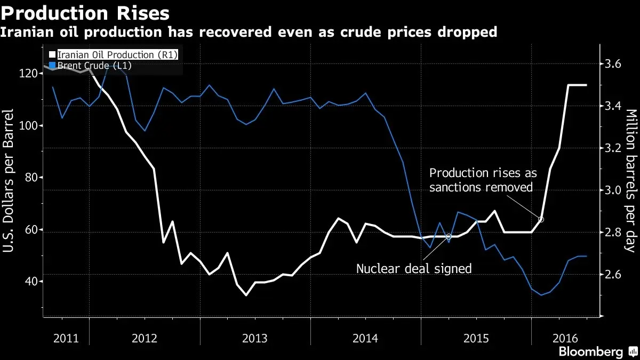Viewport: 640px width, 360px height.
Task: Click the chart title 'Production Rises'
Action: click(85, 13)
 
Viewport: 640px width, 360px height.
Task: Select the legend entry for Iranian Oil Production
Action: click(114, 54)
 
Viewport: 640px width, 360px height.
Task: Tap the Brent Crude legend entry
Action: click(90, 66)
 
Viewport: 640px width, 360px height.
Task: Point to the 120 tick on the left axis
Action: click(28, 74)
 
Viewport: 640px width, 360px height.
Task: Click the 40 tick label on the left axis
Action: click(31, 281)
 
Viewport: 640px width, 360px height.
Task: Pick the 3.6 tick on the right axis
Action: click(613, 63)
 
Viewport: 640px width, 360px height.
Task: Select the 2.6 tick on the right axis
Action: click(613, 275)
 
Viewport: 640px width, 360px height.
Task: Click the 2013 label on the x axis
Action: click(255, 339)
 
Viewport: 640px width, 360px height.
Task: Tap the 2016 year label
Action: click(565, 339)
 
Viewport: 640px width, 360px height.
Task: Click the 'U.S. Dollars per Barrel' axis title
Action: click(8, 181)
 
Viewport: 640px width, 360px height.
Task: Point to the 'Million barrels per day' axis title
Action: click(631, 181)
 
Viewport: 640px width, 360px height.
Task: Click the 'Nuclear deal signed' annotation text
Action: click(414, 269)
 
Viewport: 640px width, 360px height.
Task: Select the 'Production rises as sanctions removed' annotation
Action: click(483, 180)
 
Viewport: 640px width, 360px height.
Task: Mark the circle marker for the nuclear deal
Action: click(449, 237)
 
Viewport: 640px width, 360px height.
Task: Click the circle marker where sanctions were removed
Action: click(541, 219)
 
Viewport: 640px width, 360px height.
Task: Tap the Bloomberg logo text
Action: click(590, 351)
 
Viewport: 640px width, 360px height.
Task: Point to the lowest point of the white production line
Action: click(246, 295)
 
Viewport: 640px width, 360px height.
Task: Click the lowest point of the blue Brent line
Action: click(541, 295)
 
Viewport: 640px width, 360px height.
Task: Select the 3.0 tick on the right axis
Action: click(613, 190)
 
